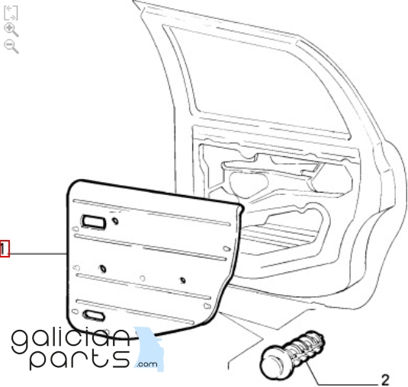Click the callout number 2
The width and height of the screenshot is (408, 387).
[385, 380]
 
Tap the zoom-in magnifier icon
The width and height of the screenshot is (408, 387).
[11, 30]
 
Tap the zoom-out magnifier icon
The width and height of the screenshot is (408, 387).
[11, 46]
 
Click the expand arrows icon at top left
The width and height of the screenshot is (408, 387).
[11, 13]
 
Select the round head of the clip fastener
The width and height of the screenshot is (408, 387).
[274, 362]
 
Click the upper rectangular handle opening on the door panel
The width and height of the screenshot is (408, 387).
[94, 222]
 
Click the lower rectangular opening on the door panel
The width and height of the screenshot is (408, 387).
[94, 315]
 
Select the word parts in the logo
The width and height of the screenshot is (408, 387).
[80, 359]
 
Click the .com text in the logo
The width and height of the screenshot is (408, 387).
[147, 364]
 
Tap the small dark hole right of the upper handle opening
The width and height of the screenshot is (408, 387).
[115, 221]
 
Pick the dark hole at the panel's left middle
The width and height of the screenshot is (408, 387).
[103, 269]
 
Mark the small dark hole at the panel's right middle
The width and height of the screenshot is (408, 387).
[183, 280]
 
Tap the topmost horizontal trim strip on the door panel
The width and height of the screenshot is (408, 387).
[152, 213]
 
